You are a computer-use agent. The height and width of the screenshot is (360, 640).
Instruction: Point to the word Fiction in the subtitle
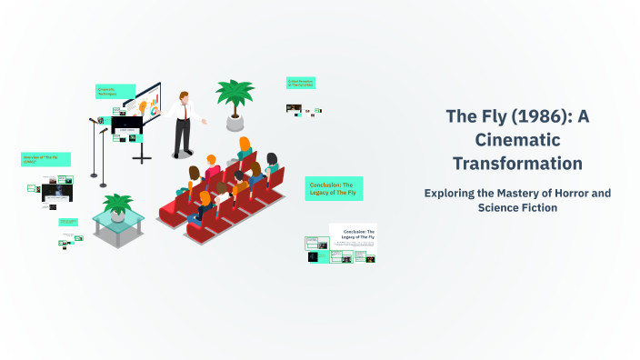[536, 207]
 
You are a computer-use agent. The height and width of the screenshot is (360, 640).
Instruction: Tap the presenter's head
[185, 95]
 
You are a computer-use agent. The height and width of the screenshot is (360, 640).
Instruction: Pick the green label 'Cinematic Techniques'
[115, 92]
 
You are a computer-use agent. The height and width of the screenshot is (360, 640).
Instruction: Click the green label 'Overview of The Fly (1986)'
[45, 159]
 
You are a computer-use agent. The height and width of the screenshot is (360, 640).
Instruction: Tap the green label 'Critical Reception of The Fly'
[300, 84]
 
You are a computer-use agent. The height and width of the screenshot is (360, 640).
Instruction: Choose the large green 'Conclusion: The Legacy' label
[334, 188]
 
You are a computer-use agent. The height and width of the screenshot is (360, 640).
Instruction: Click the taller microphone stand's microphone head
[93, 120]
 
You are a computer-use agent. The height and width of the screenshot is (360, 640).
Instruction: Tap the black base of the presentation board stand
[142, 159]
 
